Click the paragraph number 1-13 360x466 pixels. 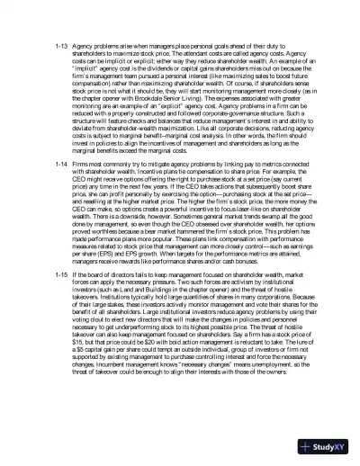point(62,44)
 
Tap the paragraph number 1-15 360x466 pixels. point(62,271)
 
